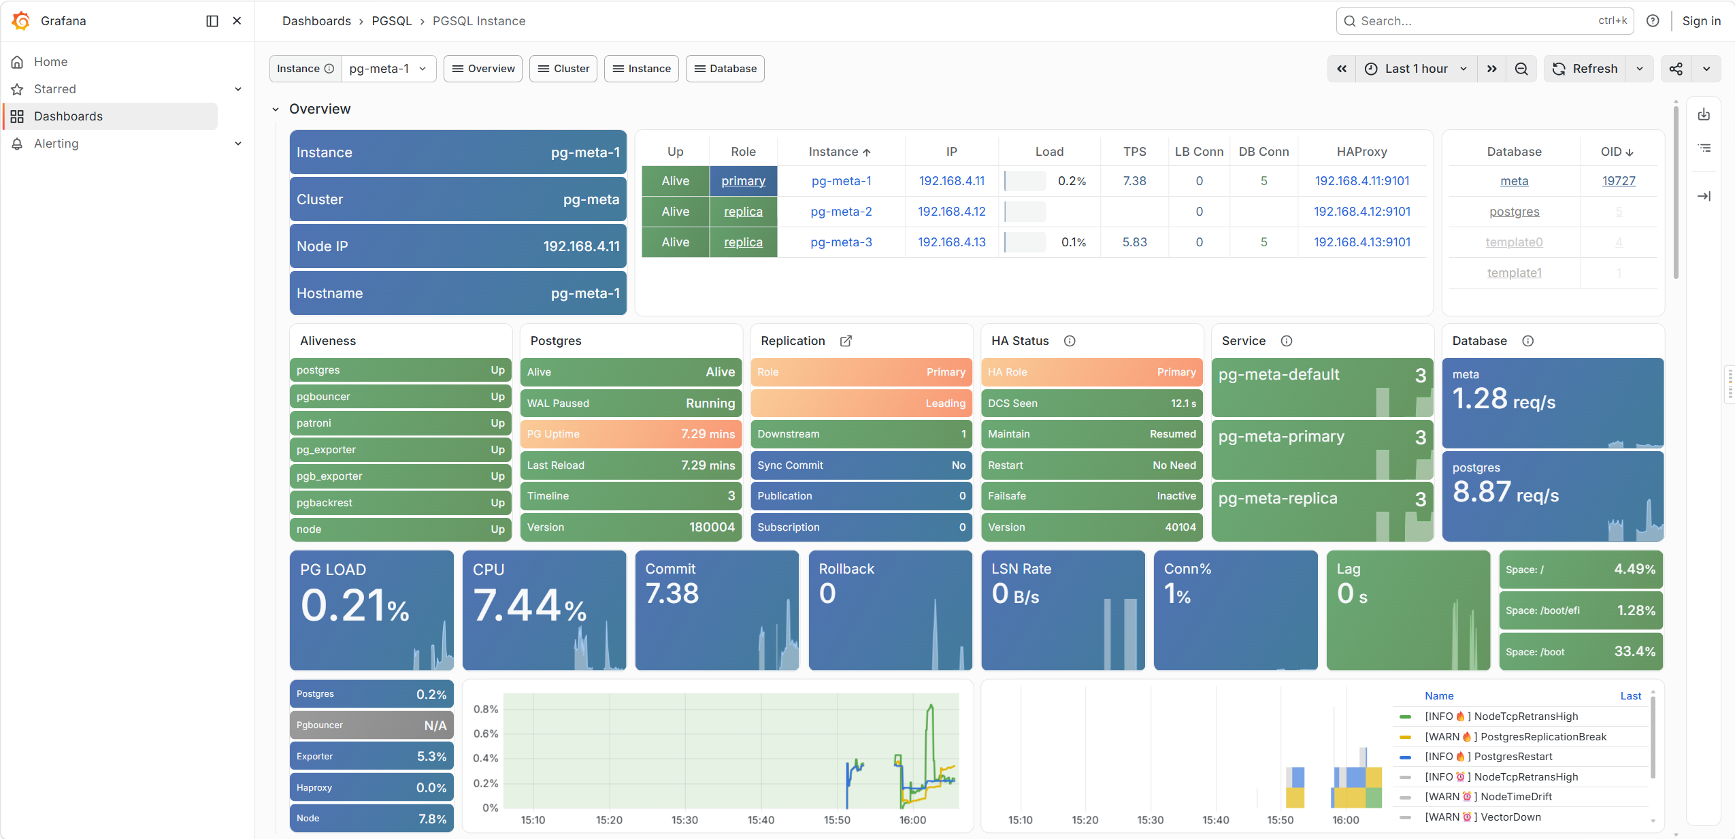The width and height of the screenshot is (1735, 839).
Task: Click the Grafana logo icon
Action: [x=21, y=21]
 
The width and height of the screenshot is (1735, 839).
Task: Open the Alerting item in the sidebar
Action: [x=56, y=144]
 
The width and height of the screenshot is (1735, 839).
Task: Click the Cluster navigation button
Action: [x=563, y=69]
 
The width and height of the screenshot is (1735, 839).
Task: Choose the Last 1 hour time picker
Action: [x=1416, y=69]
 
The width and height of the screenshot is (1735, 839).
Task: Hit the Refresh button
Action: [x=1585, y=69]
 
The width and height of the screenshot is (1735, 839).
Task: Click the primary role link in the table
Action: [x=743, y=181]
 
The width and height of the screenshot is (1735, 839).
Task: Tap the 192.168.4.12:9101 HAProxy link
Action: [x=1361, y=212]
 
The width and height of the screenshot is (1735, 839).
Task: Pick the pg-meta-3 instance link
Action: [x=841, y=242]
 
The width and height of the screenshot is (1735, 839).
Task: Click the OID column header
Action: [x=1617, y=152]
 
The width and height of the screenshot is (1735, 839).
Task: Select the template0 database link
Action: [x=1514, y=242]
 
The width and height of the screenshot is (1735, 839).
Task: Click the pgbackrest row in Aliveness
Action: [x=400, y=503]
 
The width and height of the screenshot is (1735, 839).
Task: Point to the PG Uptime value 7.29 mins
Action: [x=708, y=434]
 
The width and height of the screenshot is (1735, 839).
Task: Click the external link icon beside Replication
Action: [x=846, y=341]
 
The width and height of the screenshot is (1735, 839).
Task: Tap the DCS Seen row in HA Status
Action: [x=1091, y=404]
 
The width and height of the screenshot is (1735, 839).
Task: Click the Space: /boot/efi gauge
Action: [x=1581, y=610]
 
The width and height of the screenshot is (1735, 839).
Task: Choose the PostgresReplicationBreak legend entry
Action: [x=1543, y=737]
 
